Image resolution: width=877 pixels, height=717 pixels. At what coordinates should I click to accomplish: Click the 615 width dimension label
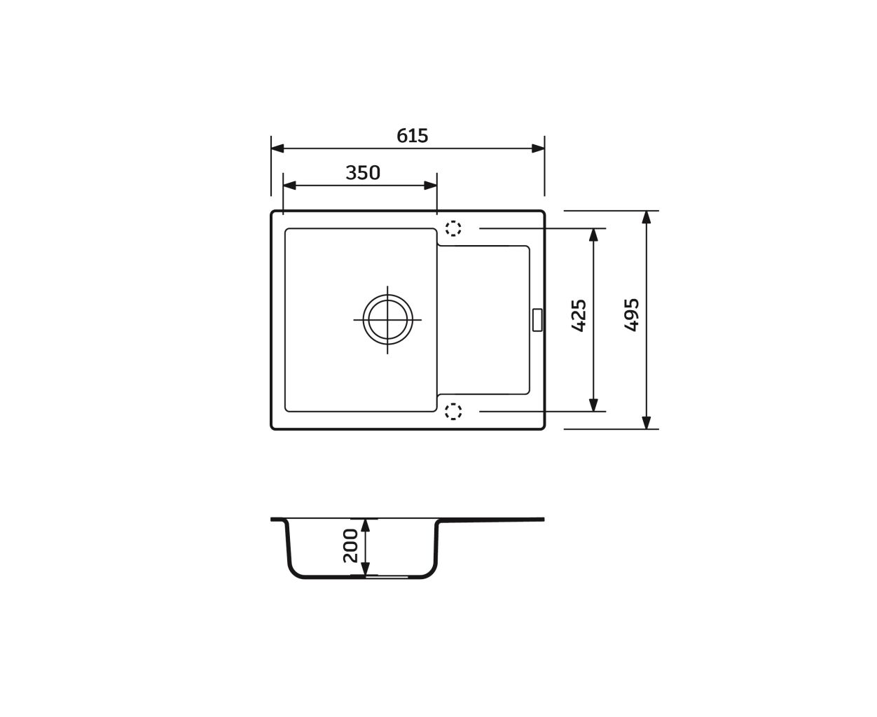pos(412,136)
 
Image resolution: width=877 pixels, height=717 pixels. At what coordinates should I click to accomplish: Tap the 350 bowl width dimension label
pos(363,172)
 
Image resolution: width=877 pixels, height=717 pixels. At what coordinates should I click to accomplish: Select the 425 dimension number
pos(579,316)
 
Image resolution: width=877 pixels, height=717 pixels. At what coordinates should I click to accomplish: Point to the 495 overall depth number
pos(632,314)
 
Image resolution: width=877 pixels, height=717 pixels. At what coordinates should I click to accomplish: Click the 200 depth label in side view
pos(350,545)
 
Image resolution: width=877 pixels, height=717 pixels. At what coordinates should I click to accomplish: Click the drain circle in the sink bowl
pos(387,319)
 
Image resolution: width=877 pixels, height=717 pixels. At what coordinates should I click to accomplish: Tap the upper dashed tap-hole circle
pos(453,228)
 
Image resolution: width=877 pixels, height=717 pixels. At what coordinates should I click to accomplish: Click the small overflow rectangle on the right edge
pos(537,320)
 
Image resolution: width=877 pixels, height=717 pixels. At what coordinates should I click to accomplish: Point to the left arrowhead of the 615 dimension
pos(277,148)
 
